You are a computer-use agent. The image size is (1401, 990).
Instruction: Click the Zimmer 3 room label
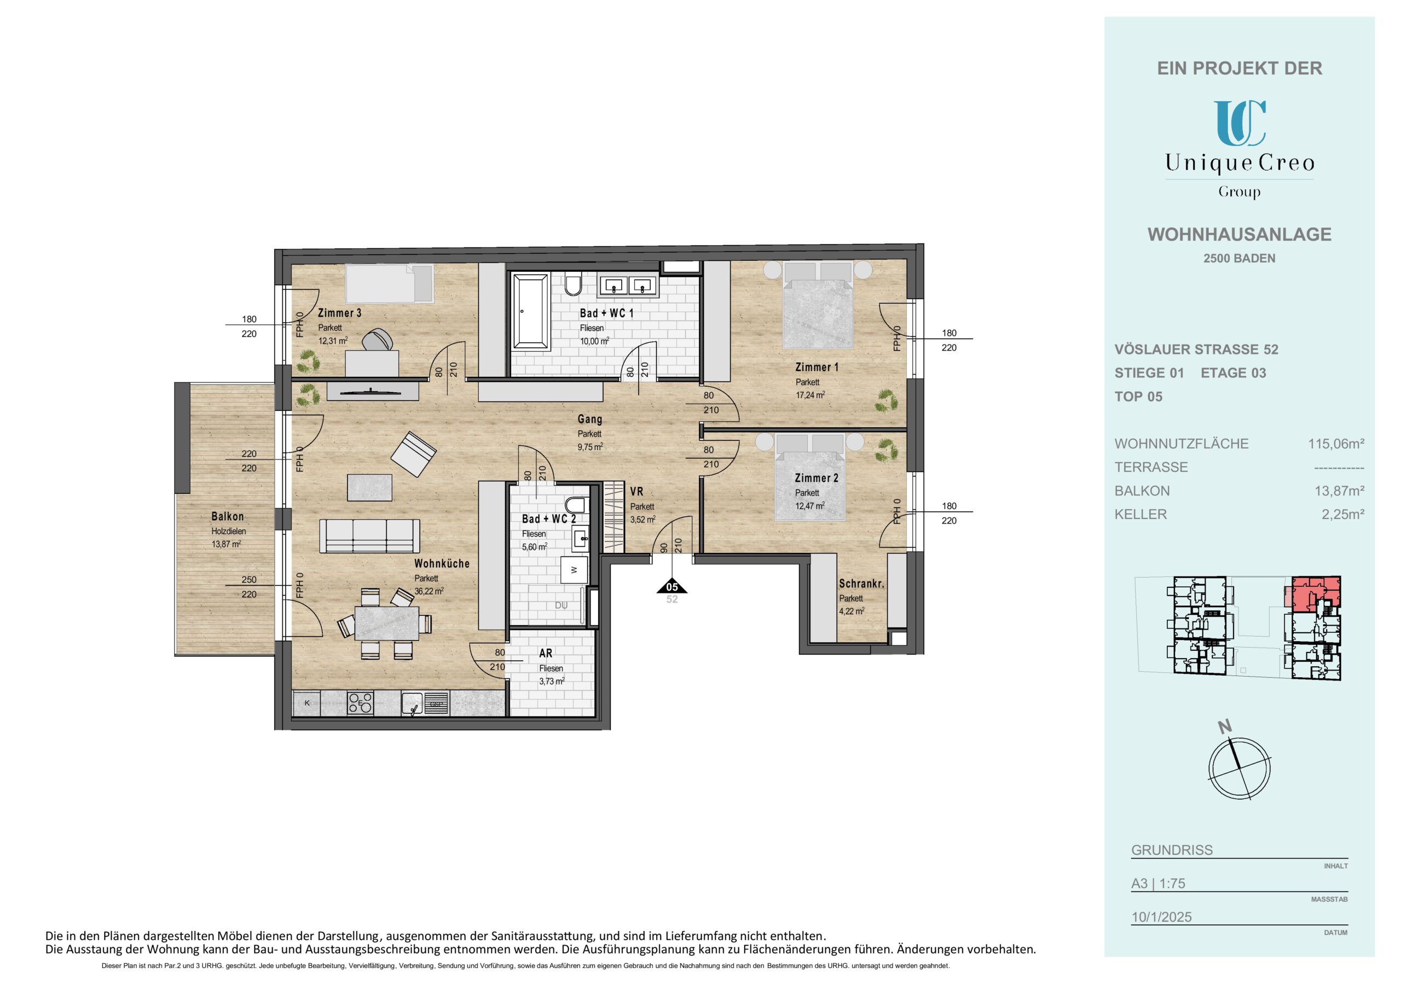[x=339, y=313]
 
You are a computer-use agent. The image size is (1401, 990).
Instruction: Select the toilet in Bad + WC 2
[x=575, y=505]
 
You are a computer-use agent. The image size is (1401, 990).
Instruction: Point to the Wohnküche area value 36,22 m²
[x=429, y=591]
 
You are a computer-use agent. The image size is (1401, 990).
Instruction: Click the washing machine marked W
[x=574, y=570]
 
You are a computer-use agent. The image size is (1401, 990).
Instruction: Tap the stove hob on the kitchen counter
[x=360, y=703]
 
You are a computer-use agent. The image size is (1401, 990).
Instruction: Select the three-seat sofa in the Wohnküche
[x=370, y=535]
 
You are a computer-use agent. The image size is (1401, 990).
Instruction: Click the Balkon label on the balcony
[x=228, y=517]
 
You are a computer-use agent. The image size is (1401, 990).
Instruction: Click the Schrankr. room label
[x=861, y=584]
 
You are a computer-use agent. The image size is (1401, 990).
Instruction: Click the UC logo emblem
[x=1240, y=123]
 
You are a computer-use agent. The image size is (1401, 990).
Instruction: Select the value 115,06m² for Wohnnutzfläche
[x=1336, y=444]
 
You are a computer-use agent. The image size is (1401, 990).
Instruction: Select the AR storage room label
[x=546, y=653]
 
